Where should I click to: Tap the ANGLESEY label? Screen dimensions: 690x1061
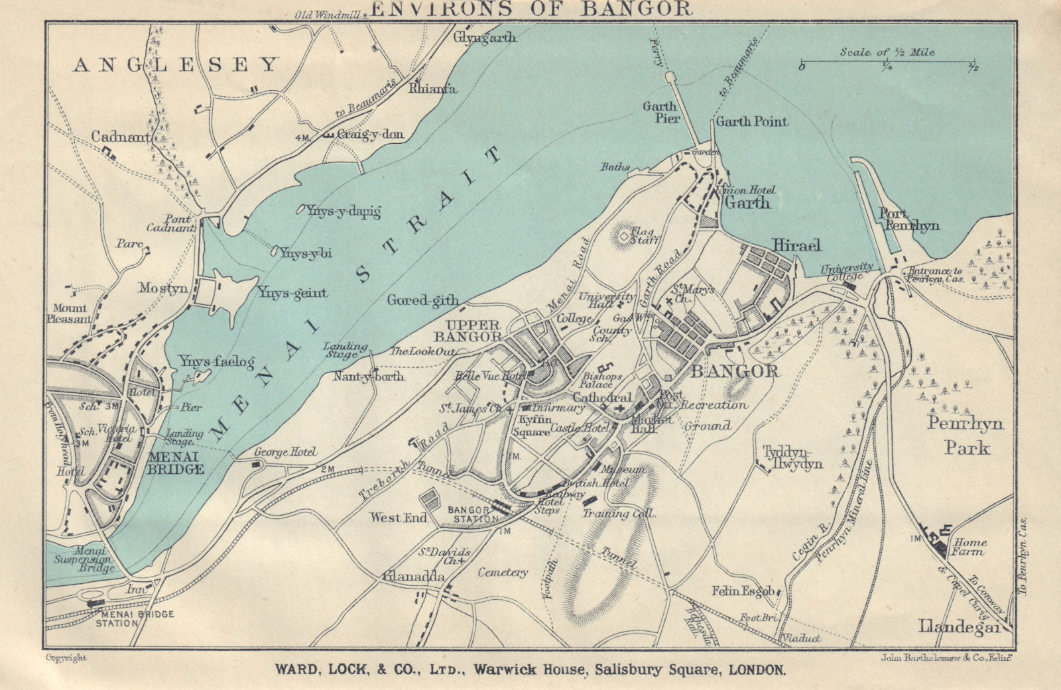(x=176, y=64)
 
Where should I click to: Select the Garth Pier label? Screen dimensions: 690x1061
(x=661, y=112)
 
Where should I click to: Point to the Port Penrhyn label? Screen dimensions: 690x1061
(x=908, y=219)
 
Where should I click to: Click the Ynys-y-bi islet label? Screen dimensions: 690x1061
(x=305, y=253)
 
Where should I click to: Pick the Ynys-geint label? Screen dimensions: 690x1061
(x=292, y=292)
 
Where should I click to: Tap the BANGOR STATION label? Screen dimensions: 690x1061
(x=472, y=514)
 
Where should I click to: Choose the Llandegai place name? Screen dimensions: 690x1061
(x=959, y=626)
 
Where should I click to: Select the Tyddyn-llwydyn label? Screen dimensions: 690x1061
(x=792, y=457)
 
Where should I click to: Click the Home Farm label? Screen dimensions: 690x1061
(x=970, y=546)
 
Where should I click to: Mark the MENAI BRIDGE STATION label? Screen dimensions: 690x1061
(x=135, y=618)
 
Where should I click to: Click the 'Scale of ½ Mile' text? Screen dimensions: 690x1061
(x=887, y=52)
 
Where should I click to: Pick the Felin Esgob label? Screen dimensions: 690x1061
(x=743, y=591)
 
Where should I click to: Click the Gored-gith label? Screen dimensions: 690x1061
(x=422, y=300)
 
